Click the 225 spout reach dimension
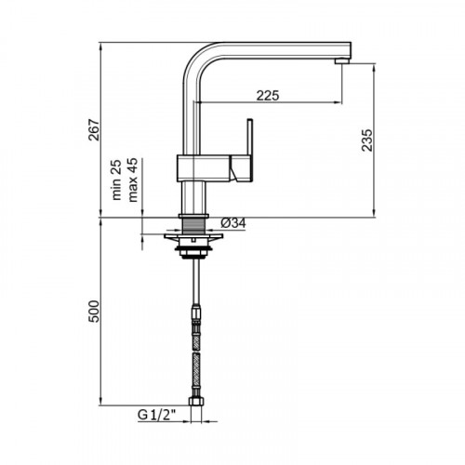[x=268, y=96]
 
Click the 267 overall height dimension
[x=94, y=130]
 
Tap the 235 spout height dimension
[x=367, y=140]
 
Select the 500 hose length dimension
[x=94, y=312]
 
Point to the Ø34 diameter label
[x=233, y=223]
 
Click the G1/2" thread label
[x=156, y=415]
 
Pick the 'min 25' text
[x=116, y=179]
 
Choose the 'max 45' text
[x=132, y=179]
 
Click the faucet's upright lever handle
[x=250, y=138]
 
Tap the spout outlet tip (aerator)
[x=342, y=61]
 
